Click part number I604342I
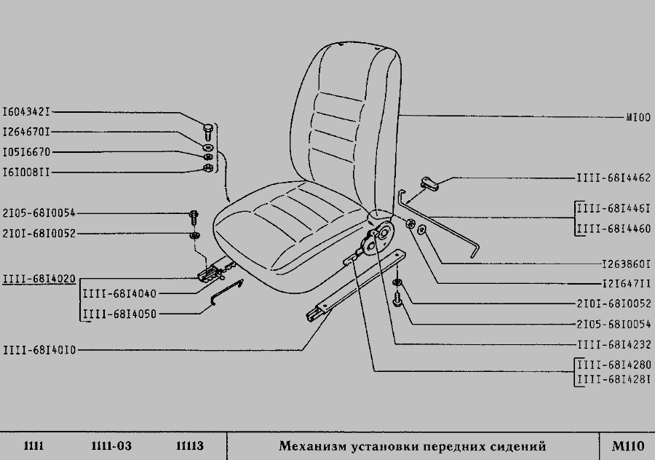27,113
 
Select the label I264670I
27,132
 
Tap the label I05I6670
27,153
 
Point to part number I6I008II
27,172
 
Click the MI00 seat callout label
638,116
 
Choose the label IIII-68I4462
613,178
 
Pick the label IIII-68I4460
613,229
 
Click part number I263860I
626,263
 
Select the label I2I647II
626,283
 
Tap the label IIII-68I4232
613,344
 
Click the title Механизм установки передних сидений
412,445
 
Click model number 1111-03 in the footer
111,445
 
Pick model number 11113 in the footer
189,445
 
